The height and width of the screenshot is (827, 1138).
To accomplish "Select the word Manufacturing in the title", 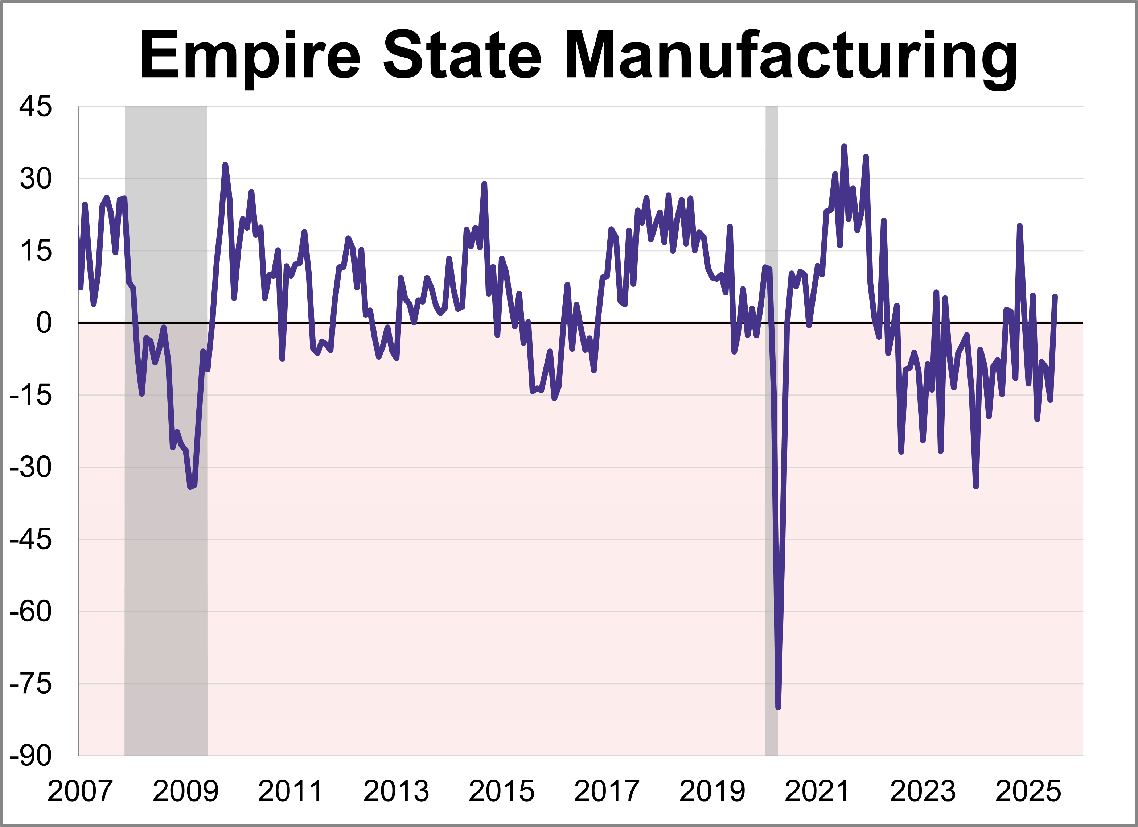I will pos(791,56).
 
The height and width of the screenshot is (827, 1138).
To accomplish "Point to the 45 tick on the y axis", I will pos(35,107).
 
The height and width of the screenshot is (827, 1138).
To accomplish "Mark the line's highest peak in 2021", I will pos(844,146).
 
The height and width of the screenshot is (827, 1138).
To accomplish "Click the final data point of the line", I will pos(1055,297).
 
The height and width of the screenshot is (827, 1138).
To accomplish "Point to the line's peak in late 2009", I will pos(225,165).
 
